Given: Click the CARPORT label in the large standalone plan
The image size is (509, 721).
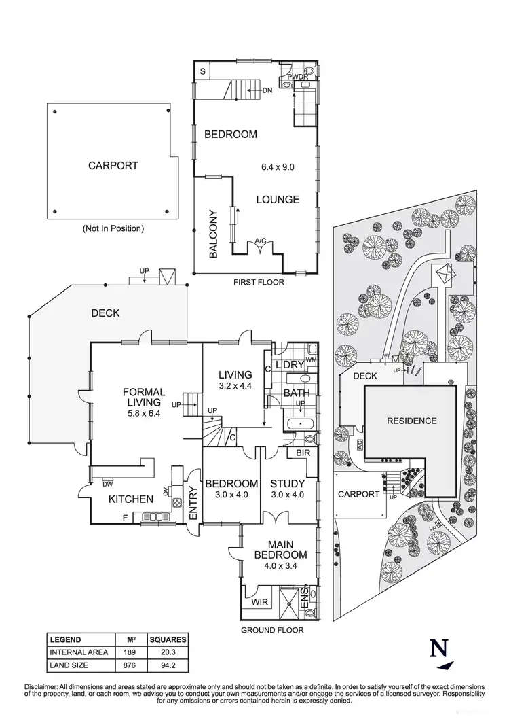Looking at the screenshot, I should [x=113, y=165].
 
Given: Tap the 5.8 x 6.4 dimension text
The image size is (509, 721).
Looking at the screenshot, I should [x=145, y=412].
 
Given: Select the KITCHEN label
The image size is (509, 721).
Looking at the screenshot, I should [x=131, y=499].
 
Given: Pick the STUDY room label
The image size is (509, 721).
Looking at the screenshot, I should [x=284, y=484].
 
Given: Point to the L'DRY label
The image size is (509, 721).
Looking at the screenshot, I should [x=288, y=366].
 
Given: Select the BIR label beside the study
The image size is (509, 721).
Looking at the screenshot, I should [x=303, y=452].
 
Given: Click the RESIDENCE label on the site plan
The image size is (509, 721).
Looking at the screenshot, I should [x=412, y=421].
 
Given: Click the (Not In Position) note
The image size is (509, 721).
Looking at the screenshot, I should [x=113, y=229].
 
